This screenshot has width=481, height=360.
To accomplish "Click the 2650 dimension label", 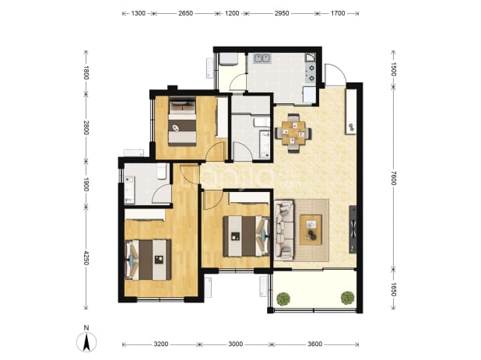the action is (185, 13).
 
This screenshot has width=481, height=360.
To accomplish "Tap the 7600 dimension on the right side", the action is (394, 178).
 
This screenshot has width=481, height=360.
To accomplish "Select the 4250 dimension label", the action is (86, 258).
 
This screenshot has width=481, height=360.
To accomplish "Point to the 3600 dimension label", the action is (315, 344).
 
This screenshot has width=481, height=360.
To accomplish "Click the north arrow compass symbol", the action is (86, 341).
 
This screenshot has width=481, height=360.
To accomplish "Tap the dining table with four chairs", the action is (293, 133).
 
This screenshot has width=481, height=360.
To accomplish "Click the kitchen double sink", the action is (262, 58).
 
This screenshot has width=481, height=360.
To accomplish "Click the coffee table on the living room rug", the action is (311, 229).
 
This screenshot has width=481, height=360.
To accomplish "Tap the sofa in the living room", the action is (284, 230).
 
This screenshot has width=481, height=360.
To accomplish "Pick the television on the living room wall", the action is (353, 229).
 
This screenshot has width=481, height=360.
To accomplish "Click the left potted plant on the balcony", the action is (283, 299).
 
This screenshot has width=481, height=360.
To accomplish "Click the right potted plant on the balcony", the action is (347, 298).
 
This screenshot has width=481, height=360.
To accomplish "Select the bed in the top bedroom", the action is (183, 121).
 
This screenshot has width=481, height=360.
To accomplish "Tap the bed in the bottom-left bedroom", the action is (148, 260).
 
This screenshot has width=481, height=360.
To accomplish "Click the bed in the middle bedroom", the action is (246, 236).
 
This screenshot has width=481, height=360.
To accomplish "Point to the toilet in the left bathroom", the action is (161, 171).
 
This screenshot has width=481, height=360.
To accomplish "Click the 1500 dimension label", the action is (394, 69).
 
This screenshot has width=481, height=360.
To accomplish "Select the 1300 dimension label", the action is (139, 13).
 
